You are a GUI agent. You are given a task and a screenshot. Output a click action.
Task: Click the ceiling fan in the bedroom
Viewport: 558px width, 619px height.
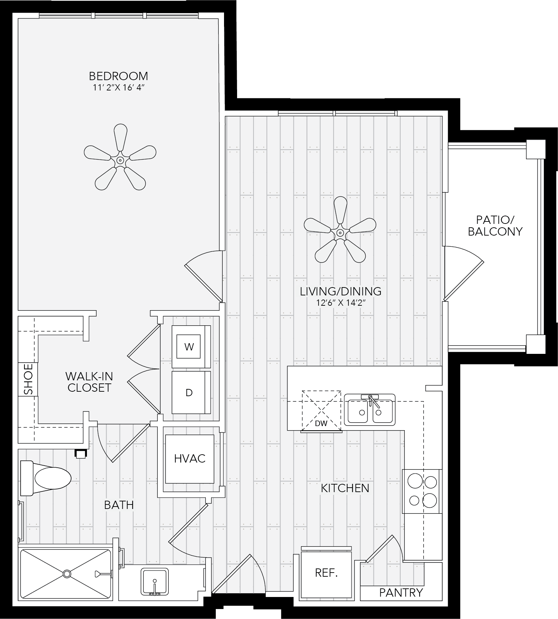(x=120, y=160)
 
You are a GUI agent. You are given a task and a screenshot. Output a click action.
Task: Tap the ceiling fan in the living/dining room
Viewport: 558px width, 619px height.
(x=340, y=233)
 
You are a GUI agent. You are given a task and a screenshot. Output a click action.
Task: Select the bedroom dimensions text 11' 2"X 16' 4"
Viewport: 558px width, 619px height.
(x=118, y=87)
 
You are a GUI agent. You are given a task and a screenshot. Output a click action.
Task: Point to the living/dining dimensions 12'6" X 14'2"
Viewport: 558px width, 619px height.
(x=341, y=303)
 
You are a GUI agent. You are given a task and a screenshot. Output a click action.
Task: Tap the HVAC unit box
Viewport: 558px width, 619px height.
(x=190, y=459)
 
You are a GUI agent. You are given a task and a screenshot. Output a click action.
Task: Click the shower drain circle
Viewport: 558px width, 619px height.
(x=67, y=574)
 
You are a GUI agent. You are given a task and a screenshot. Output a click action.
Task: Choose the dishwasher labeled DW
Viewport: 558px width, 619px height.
(x=321, y=411)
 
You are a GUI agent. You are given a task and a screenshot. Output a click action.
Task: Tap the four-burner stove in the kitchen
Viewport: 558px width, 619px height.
(x=422, y=491)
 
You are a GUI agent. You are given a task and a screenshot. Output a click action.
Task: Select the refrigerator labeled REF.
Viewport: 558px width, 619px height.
(x=326, y=573)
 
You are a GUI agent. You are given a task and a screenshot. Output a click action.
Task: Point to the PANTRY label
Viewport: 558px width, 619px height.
(x=401, y=593)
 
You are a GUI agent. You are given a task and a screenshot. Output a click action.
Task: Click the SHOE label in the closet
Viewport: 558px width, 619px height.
(x=28, y=379)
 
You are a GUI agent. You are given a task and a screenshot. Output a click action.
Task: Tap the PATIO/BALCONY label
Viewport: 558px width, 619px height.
(x=495, y=226)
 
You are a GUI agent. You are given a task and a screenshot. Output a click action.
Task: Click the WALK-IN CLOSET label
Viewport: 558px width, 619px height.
(x=89, y=382)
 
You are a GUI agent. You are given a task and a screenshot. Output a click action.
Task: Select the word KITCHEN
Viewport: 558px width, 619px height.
(x=345, y=488)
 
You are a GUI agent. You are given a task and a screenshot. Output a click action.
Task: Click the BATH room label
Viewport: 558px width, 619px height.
(x=119, y=505)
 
